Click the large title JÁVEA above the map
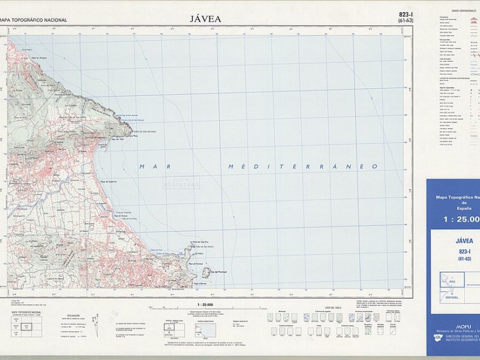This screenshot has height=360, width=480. pos(205,19)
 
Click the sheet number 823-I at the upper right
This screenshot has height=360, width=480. pos(406,14)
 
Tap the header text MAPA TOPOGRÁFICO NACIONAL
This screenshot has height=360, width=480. pos(34,20)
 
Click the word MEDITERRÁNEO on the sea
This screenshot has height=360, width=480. pos(303,166)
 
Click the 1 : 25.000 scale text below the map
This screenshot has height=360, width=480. pos(205,304)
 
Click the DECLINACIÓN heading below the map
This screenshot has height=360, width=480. pos(73,315)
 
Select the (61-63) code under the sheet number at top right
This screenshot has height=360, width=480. pos(406,21)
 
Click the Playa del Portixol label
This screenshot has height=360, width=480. pos(196,264)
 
